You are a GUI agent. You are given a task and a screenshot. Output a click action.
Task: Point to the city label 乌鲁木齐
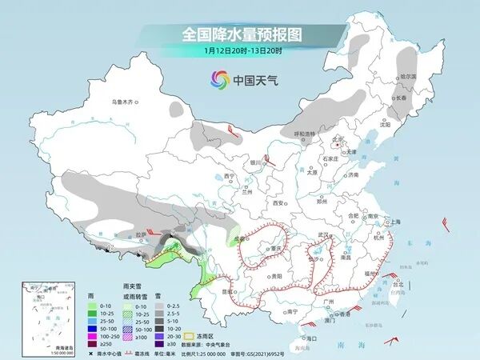[x=125, y=102]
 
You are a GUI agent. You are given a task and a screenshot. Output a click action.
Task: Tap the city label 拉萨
[x=140, y=234]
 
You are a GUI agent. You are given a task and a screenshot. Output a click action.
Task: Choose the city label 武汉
[x=324, y=234]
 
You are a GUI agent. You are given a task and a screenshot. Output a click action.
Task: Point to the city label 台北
[x=394, y=283]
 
